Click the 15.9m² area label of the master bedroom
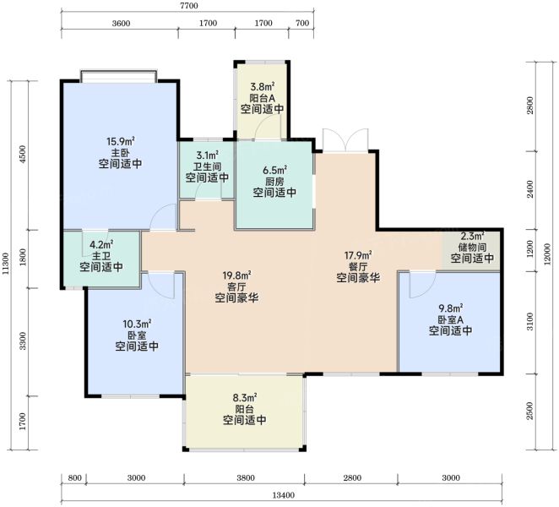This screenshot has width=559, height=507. click(121, 142)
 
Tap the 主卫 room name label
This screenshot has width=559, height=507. click(101, 256)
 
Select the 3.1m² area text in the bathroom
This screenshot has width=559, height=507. click(207, 155)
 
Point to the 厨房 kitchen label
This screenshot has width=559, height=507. click(274, 181)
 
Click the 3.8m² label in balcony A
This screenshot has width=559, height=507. click(262, 87)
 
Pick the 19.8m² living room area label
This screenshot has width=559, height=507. click(236, 275)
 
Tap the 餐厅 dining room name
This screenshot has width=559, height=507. click(358, 266)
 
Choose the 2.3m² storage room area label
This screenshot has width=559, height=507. click(472, 237)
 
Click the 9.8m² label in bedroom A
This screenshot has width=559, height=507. click(451, 308)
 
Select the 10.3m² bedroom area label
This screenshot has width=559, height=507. click(137, 324)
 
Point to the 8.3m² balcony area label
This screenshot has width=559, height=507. click(245, 397)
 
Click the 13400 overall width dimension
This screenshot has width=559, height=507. click(284, 495)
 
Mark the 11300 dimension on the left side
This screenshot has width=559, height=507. click(5, 264)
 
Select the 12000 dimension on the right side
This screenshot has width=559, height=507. click(547, 254)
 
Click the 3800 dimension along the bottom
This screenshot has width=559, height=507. click(245, 478)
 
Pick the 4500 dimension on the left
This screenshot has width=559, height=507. click(23, 154)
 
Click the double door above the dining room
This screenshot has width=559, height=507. click(345, 140)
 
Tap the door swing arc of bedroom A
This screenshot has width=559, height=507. click(422, 285)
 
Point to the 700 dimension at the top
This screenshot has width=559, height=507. click(302, 23)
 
